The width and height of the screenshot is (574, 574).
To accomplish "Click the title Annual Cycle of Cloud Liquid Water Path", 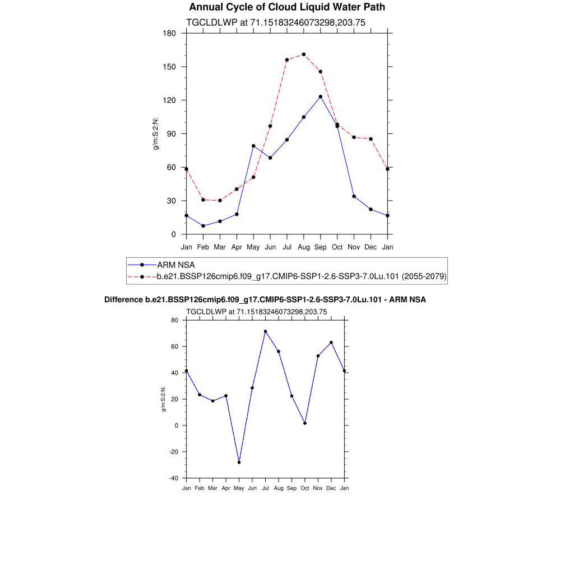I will point(287,7).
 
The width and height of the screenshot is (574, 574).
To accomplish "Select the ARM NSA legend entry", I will point(175,265).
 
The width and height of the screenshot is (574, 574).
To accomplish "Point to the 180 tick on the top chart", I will point(170,33).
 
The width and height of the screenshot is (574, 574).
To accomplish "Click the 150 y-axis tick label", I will point(170,67).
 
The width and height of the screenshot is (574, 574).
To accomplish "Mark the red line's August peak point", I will point(304,54).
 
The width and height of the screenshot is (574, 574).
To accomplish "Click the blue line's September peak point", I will point(320,96).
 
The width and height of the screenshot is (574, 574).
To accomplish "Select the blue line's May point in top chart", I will point(253,146).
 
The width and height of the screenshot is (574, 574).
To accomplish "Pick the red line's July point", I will point(287,59).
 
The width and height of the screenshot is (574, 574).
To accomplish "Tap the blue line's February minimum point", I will point(203,226).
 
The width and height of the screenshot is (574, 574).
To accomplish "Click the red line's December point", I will point(371,139).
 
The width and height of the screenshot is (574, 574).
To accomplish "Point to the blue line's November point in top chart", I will point(354,196).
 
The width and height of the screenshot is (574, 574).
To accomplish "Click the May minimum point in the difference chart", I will point(239,462).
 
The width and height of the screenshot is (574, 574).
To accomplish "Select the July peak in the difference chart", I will point(265,331).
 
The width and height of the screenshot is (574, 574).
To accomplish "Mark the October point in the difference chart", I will point(305,423).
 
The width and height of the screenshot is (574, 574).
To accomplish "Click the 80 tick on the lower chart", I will point(174,320).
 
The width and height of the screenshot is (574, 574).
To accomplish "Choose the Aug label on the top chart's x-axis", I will point(304,247).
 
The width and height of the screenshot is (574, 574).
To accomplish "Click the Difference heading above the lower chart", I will point(265,300).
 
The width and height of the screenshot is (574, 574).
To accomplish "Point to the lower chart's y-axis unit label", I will point(163,399).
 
